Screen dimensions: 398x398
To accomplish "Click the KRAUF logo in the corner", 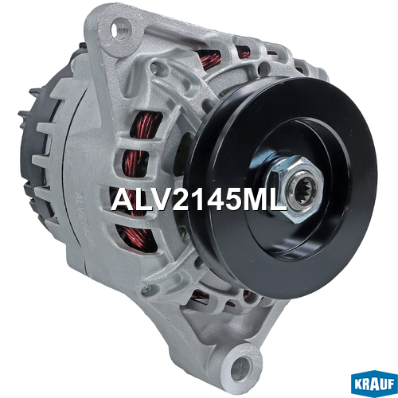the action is pos(374,384).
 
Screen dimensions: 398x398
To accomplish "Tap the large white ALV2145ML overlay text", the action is pos(199,200).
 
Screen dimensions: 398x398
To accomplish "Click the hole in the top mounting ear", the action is pos(118,31).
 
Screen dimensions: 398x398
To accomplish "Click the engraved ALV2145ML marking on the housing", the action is pos(85,220).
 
